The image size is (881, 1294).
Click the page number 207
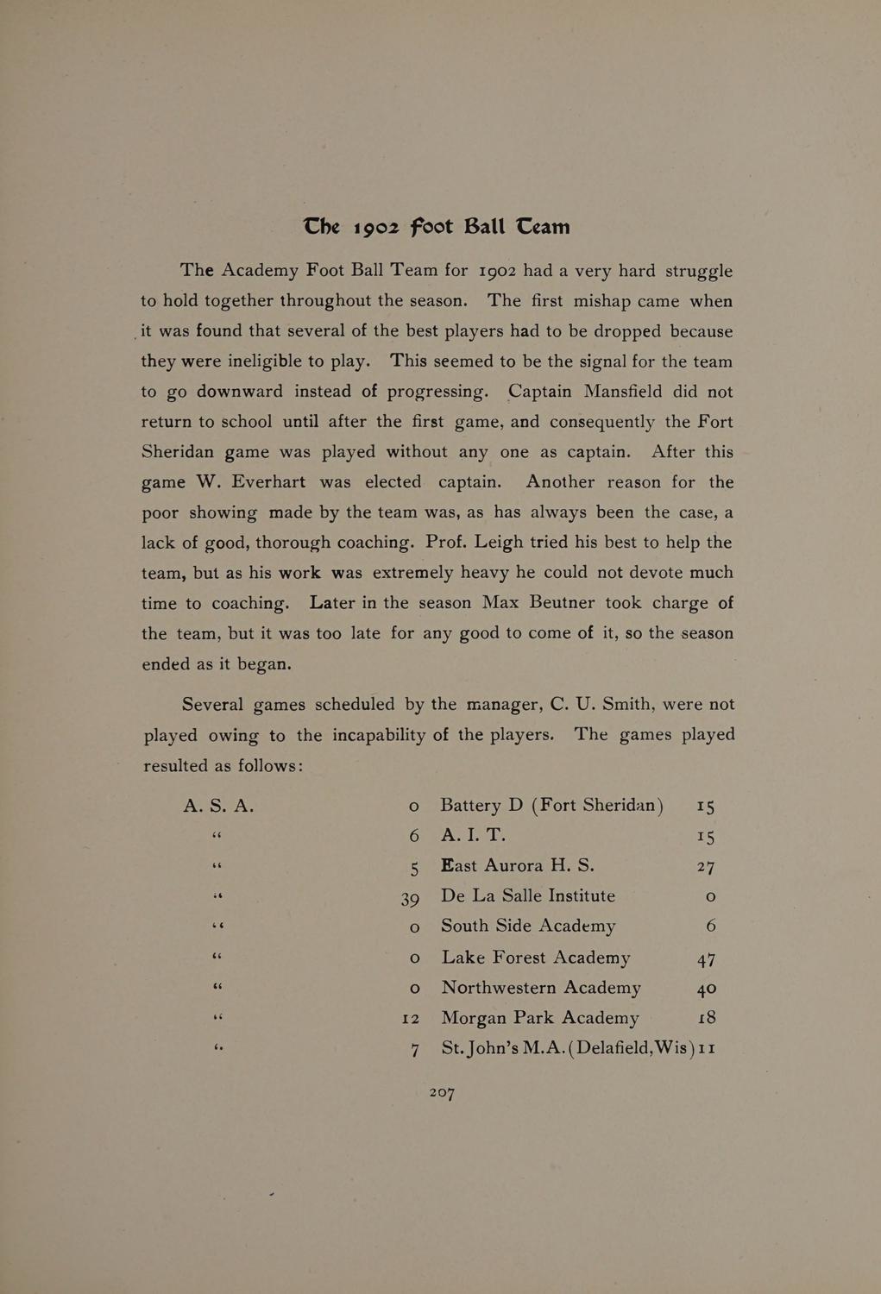(x=442, y=1093)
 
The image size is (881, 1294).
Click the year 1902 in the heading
(x=374, y=228)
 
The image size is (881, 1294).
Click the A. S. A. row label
(x=218, y=806)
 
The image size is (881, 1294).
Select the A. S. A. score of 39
(x=410, y=898)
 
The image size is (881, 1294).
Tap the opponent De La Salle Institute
(x=528, y=896)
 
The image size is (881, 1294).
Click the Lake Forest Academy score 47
(x=706, y=958)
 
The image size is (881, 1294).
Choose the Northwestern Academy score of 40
(x=706, y=988)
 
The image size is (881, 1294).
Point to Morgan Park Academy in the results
(x=540, y=1018)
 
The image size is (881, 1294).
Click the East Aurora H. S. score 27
(x=706, y=867)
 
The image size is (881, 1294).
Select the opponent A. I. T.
(x=473, y=835)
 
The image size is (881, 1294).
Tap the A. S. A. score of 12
(x=410, y=1019)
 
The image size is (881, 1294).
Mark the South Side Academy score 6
(x=710, y=927)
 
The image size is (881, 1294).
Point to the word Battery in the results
(x=470, y=806)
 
